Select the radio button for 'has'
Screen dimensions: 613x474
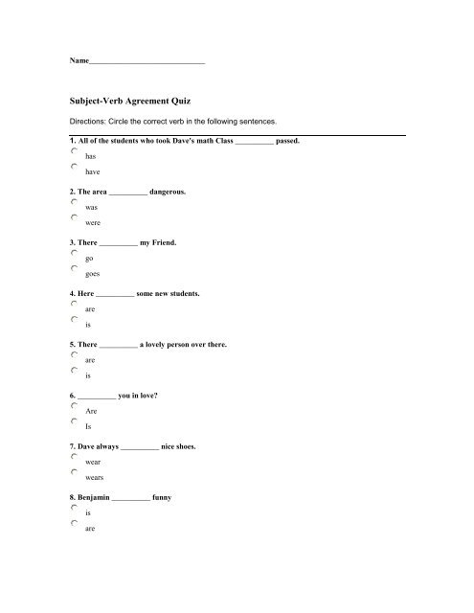pyautogui.click(x=75, y=150)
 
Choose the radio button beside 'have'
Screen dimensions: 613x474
pyautogui.click(x=75, y=166)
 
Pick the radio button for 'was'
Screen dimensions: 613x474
pyautogui.click(x=75, y=202)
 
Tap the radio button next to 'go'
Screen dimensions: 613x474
pyautogui.click(x=75, y=253)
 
